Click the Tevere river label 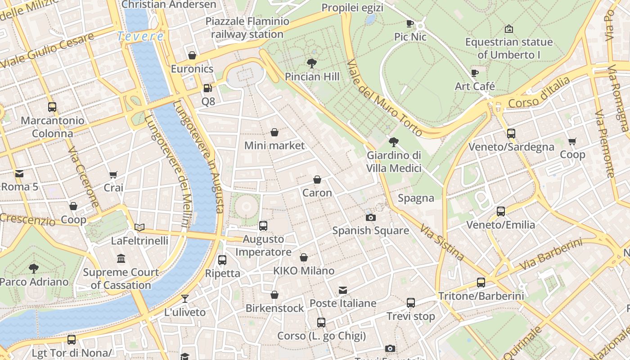click(x=140, y=36)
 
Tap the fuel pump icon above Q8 click(x=207, y=88)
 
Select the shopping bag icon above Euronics click(x=192, y=55)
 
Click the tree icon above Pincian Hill click(x=311, y=63)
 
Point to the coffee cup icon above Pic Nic click(x=410, y=23)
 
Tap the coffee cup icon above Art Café click(x=475, y=73)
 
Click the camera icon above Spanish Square click(x=370, y=218)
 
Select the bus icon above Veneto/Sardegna click(x=511, y=134)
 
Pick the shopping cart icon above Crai click(x=113, y=175)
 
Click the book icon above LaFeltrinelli click(x=139, y=228)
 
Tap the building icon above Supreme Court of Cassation click(x=121, y=259)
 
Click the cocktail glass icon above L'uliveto click(x=184, y=299)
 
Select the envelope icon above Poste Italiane click(x=343, y=290)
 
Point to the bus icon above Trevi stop click(x=411, y=303)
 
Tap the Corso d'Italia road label click(x=539, y=92)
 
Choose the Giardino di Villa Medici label click(x=394, y=162)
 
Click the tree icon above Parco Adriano click(x=34, y=269)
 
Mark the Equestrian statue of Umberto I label click(x=508, y=48)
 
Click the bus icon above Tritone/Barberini click(x=481, y=283)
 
